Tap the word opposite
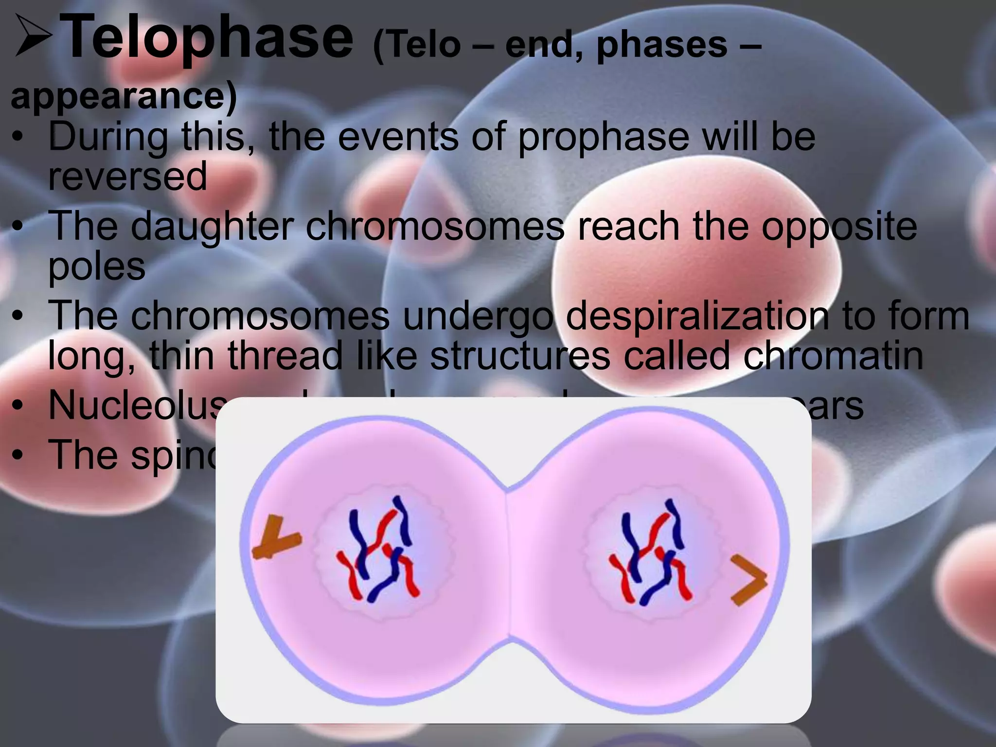(839, 228)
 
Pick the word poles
(97, 267)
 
